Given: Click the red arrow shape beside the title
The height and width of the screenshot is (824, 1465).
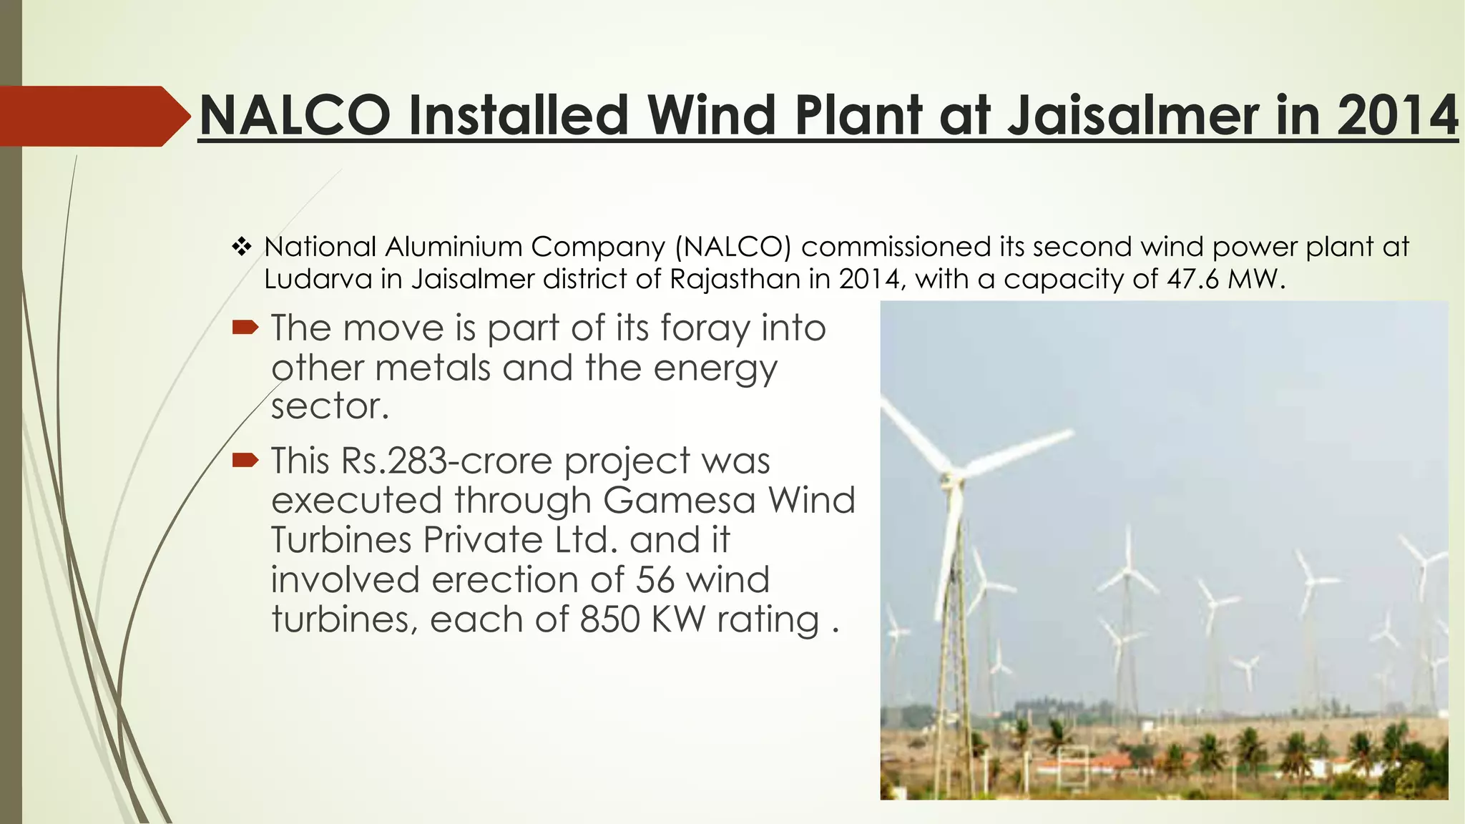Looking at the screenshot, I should [93, 116].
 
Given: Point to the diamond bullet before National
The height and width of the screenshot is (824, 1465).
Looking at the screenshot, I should [242, 247].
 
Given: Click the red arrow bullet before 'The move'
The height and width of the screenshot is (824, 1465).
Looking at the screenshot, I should [245, 328].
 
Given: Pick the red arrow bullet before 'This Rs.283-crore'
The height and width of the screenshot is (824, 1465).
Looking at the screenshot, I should [245, 460].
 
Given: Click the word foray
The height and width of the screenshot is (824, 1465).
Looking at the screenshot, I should [705, 329].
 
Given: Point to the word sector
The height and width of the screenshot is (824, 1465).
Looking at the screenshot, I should [330, 407].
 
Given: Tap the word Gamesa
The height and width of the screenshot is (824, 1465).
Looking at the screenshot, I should [679, 500].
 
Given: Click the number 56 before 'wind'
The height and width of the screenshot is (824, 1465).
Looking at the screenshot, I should [655, 579].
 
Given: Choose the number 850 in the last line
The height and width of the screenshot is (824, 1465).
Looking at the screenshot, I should [610, 619].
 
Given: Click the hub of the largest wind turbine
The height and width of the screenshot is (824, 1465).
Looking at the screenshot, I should [951, 475].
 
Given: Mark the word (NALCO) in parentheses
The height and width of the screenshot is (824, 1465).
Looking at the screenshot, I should [733, 247].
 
